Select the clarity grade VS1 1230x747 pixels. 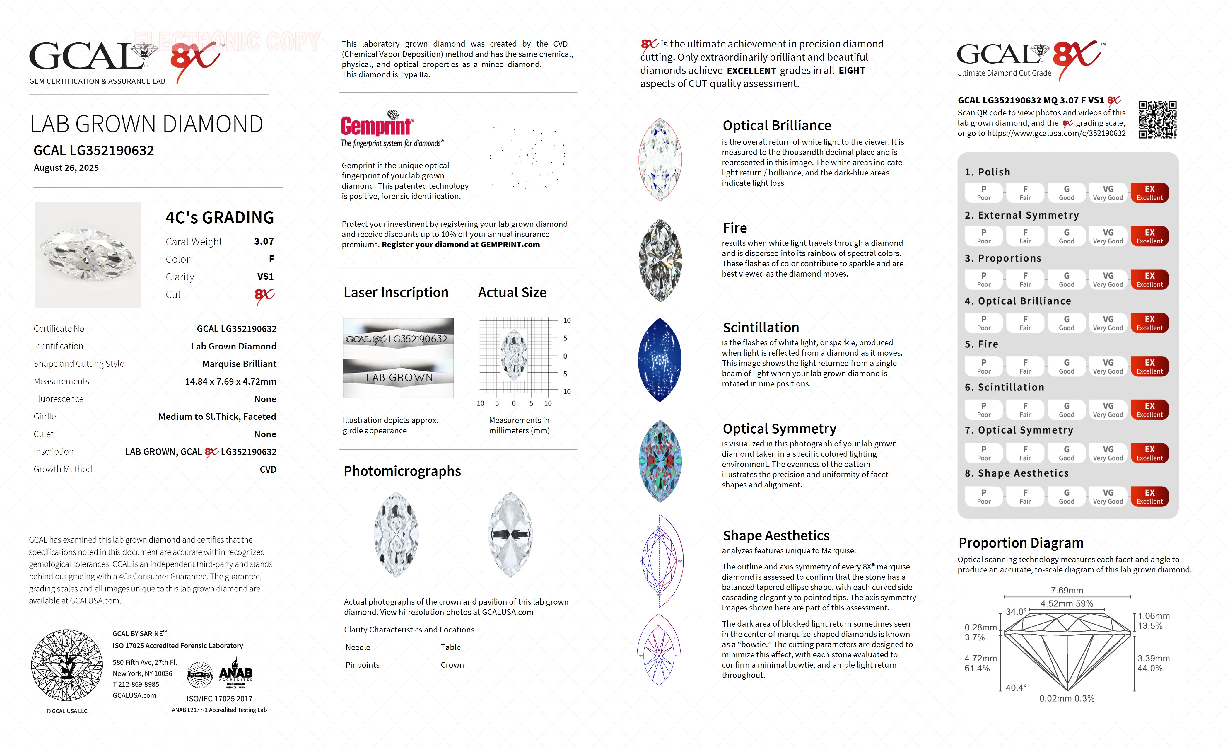coord(265,277)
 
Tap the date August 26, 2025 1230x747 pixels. coord(66,168)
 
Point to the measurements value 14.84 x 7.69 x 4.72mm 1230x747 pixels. coord(231,381)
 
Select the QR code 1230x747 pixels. coord(1158,120)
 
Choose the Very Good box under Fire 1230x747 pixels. coord(1108,366)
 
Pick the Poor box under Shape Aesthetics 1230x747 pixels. coord(983,497)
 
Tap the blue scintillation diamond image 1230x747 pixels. coord(660,359)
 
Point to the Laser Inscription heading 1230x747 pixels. coord(396,293)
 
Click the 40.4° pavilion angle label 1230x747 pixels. coord(1016,688)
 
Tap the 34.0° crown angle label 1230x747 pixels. coord(1016,612)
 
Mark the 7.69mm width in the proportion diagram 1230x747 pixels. coord(1067,590)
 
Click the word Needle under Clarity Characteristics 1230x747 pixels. coord(358,647)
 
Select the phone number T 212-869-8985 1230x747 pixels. coord(136,685)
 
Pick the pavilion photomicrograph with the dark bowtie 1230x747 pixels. coord(510,534)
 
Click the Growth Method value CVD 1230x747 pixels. coord(268,469)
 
